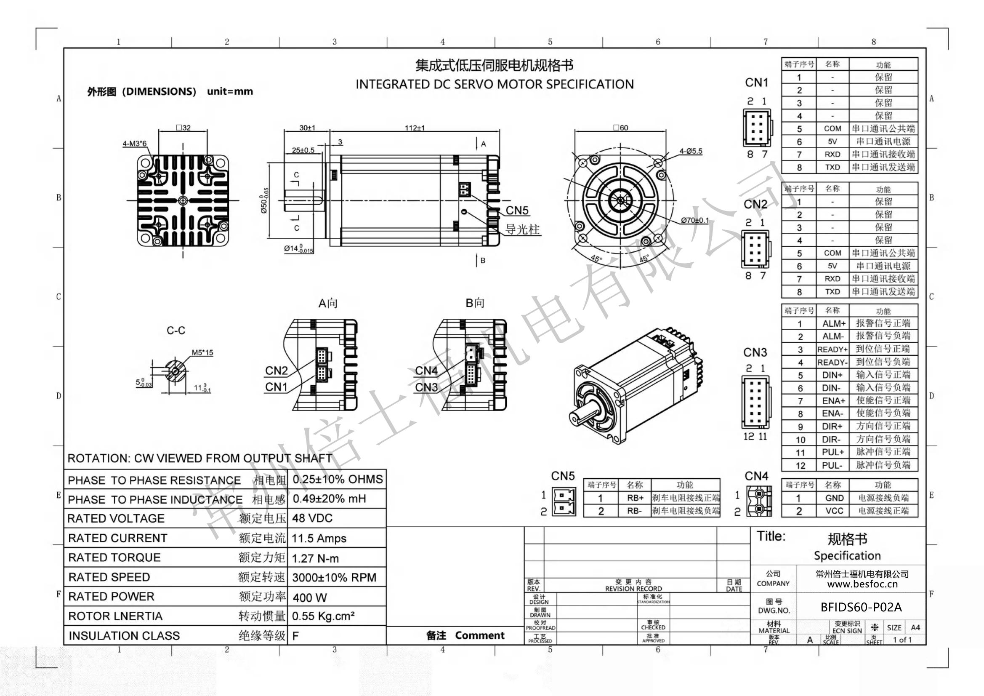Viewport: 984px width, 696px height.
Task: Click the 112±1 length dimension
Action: tap(415, 128)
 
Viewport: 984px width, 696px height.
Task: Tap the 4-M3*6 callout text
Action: tap(135, 144)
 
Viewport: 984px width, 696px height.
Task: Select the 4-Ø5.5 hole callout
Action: tap(691, 151)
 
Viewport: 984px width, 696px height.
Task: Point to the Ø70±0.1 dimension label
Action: tap(695, 221)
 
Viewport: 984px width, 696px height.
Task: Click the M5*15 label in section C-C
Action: tap(202, 352)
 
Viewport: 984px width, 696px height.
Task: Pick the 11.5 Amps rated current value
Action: tap(319, 538)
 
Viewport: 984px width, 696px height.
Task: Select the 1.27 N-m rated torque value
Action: tap(315, 558)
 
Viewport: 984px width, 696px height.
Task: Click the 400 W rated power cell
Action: tap(309, 597)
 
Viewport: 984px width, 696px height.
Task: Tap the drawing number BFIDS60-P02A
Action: tap(861, 607)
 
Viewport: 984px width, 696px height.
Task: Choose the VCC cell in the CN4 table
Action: tap(834, 511)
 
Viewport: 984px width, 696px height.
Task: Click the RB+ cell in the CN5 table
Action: tap(635, 498)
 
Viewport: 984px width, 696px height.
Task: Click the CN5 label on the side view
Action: tap(517, 211)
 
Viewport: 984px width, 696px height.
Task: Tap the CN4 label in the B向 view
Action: tap(426, 371)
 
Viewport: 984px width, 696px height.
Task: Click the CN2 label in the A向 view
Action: tap(277, 371)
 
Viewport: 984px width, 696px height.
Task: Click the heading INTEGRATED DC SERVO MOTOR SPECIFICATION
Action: tap(495, 84)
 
